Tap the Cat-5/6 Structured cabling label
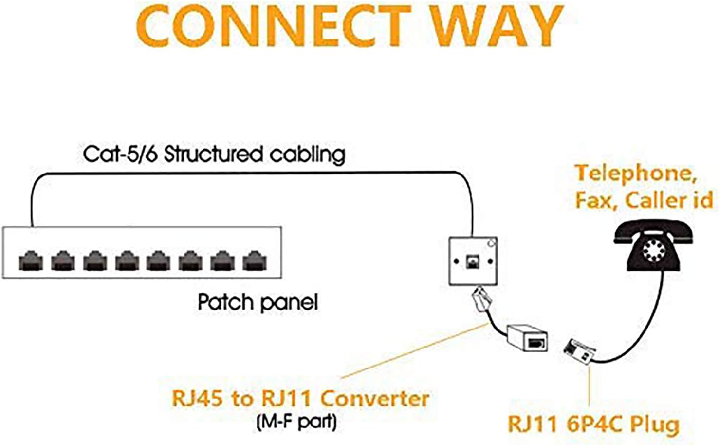(x=214, y=154)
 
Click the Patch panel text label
(x=258, y=302)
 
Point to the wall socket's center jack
(x=472, y=262)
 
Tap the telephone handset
(x=652, y=232)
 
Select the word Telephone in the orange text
(x=635, y=174)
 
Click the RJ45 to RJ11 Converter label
(x=300, y=398)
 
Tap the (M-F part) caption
(x=296, y=422)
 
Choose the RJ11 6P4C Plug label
(x=593, y=424)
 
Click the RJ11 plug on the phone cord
(x=579, y=351)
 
